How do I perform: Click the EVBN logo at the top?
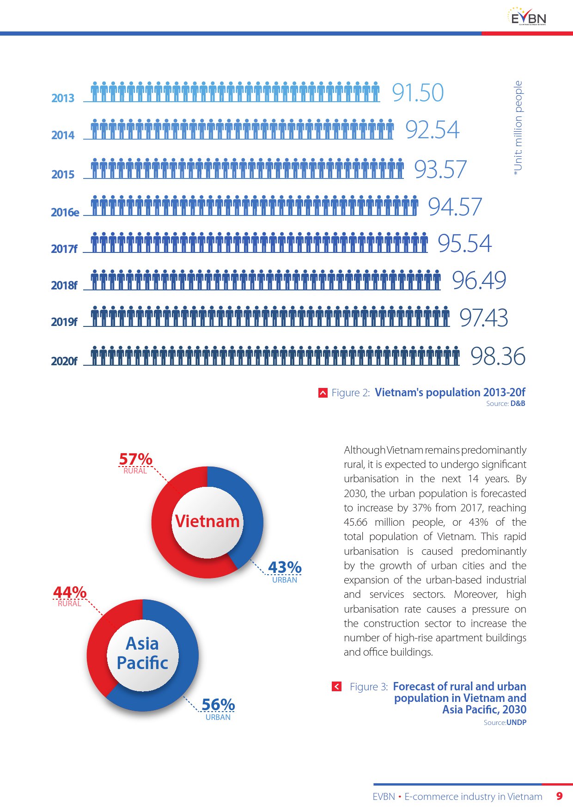(x=527, y=17)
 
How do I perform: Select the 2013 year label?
(x=63, y=98)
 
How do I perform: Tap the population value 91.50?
(x=418, y=92)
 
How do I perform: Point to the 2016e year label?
(x=65, y=212)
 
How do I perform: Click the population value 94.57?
(x=455, y=207)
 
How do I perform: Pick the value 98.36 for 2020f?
(x=498, y=356)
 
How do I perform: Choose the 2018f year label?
(x=64, y=285)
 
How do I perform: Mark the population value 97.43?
(x=483, y=318)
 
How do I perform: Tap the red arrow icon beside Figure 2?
(x=323, y=393)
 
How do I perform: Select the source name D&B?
(x=518, y=404)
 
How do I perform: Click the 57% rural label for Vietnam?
(x=135, y=460)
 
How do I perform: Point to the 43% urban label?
(x=285, y=567)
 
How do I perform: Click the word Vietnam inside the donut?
(x=207, y=522)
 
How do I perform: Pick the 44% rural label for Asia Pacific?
(x=70, y=592)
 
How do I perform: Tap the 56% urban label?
(x=218, y=705)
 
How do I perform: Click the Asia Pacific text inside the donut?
(x=142, y=653)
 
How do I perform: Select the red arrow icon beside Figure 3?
(x=337, y=687)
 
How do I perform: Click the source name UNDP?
(x=516, y=723)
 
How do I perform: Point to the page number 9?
(x=559, y=796)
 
